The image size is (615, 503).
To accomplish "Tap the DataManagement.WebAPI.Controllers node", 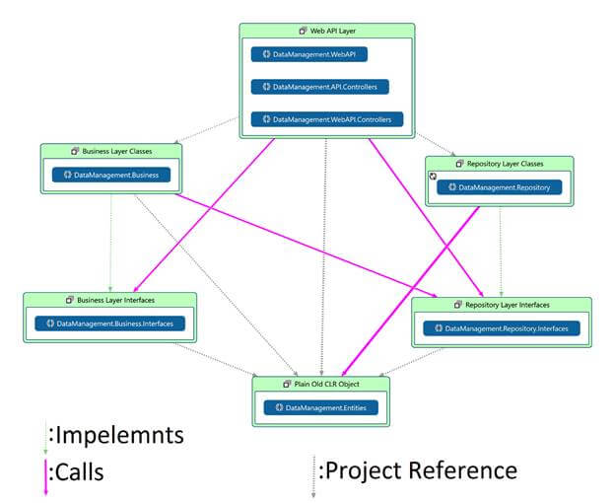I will pos(327,119).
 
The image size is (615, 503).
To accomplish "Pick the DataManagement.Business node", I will pos(111,176).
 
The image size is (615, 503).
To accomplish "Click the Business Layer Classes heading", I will pos(115,151).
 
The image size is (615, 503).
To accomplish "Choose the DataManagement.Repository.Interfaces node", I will pos(502,327).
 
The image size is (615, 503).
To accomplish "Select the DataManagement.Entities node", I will pos(320,406).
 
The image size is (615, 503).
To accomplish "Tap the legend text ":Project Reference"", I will pos(418,470).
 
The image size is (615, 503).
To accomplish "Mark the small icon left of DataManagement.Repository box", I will pos(432,177).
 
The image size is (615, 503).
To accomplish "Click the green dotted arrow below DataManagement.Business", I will pos(110,237).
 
